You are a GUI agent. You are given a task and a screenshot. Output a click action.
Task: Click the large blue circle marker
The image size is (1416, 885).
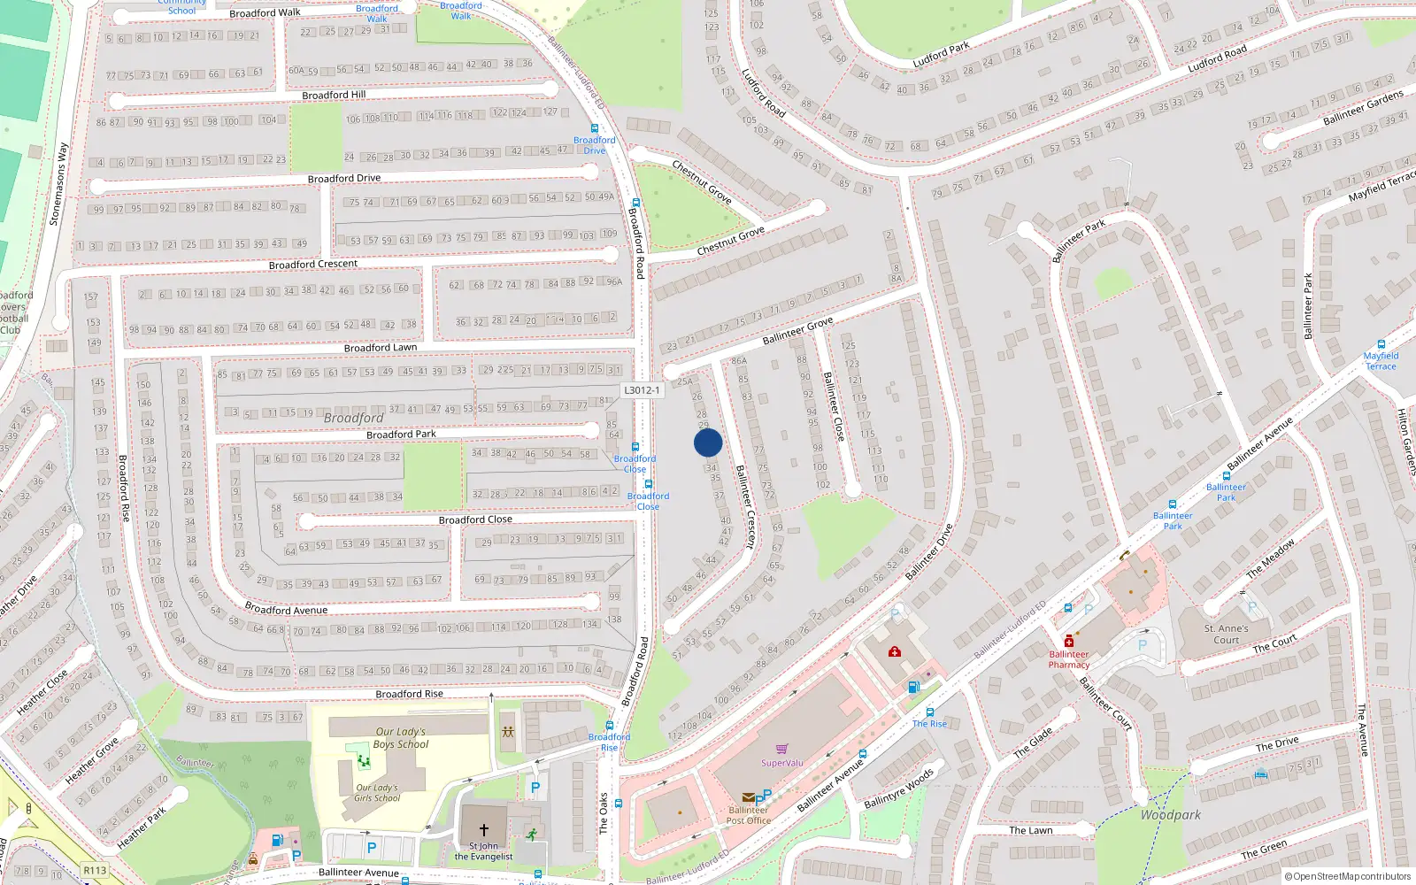[708, 442]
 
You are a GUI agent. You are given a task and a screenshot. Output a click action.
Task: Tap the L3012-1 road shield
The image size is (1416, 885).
[642, 390]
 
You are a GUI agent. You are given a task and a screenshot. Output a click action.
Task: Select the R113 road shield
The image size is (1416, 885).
[95, 870]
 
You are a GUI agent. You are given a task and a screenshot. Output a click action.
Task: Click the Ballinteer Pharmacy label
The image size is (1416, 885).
[1069, 659]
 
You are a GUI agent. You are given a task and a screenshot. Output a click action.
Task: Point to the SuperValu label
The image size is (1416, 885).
[782, 763]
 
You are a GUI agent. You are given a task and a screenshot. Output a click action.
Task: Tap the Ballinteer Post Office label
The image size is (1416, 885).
[749, 815]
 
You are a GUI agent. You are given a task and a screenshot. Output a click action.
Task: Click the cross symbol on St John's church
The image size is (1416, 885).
[483, 829]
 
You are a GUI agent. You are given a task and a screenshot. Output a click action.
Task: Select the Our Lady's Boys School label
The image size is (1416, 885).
[401, 738]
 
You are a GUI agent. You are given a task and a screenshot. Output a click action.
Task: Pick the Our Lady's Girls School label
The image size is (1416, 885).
[377, 792]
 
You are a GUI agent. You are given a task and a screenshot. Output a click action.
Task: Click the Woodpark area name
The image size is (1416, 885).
[1171, 815]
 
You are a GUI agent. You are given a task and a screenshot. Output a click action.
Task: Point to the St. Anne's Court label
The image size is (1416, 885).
[1227, 634]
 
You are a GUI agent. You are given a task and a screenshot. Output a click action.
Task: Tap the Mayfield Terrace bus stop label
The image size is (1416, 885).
[1381, 361]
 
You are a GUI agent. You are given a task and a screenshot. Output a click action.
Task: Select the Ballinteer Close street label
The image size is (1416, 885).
[834, 406]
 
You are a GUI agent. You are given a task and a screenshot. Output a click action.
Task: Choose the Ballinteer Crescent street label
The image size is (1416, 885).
[747, 507]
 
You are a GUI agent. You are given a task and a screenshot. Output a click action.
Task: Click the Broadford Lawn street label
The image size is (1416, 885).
[381, 348]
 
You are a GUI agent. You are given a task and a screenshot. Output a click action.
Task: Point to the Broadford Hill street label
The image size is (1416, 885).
[334, 95]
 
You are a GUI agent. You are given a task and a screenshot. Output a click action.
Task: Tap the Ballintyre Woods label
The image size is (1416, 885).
[898, 789]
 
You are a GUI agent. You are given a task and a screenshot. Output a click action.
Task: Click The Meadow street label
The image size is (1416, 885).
[1271, 558]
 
